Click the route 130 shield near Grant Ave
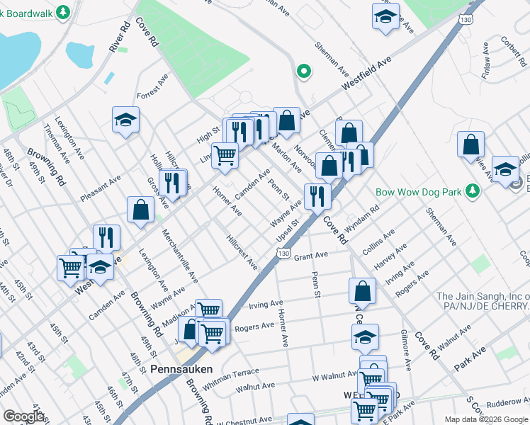tap(283, 254)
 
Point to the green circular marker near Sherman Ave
tap(303, 71)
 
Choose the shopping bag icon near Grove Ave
tap(141, 209)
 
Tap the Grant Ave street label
tap(311, 255)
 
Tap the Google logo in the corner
tap(23, 416)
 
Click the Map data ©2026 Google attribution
tap(485, 419)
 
